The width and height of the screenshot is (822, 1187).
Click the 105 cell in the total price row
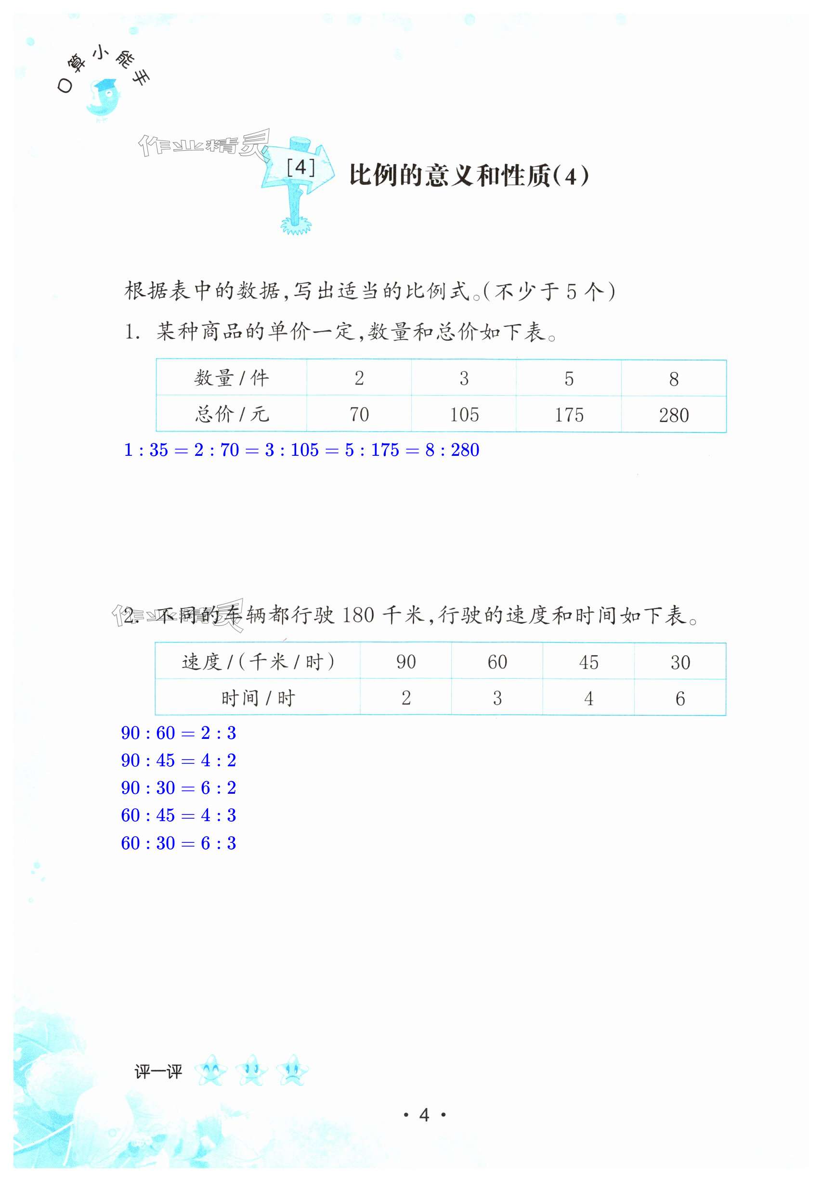(464, 414)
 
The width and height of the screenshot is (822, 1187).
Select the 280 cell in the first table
(674, 415)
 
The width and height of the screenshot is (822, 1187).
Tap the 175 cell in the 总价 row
(569, 414)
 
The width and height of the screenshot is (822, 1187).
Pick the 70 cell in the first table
(359, 414)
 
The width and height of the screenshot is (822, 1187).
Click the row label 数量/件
(231, 378)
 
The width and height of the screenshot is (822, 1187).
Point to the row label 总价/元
(231, 414)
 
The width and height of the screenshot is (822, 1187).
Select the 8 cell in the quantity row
(674, 379)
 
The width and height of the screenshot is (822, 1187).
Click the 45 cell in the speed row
(588, 662)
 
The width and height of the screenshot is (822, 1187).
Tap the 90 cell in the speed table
(406, 662)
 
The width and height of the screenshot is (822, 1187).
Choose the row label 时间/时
(258, 698)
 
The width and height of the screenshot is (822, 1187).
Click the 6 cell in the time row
(680, 698)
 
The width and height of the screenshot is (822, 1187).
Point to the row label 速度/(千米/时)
(258, 662)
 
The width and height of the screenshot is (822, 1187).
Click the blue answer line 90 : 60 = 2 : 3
(178, 733)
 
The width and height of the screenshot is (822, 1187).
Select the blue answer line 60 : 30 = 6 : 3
(178, 843)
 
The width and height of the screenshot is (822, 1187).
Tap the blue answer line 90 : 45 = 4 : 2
(178, 760)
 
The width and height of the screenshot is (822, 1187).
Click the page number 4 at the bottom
(424, 1115)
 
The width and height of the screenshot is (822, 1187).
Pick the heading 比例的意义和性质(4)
(468, 176)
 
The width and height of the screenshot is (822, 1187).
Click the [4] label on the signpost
(300, 168)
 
